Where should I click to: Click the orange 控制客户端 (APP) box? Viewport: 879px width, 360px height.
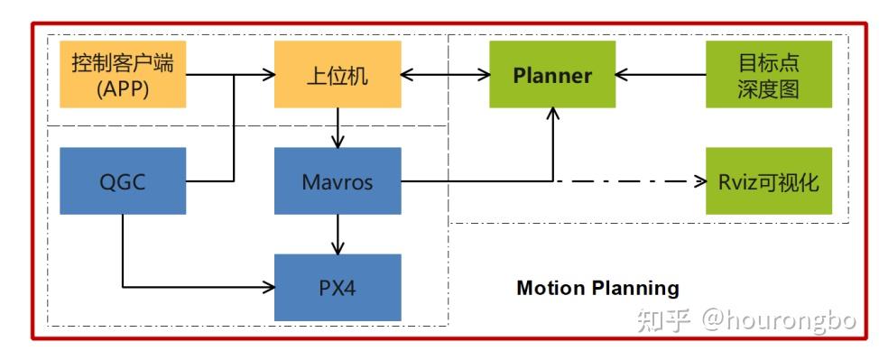[x=123, y=75]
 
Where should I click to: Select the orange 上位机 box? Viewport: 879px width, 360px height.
[x=337, y=75]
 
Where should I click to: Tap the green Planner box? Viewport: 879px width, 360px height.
[x=552, y=75]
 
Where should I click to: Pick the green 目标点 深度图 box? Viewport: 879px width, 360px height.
[x=768, y=75]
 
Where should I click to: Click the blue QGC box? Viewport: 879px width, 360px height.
[x=123, y=181]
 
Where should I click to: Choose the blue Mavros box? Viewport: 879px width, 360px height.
[x=337, y=181]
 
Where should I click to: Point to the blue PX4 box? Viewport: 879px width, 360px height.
[x=337, y=288]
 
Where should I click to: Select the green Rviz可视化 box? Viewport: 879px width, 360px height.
[x=768, y=181]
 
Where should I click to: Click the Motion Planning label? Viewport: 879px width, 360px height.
[x=597, y=289]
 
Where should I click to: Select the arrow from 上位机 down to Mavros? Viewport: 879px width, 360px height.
[x=337, y=128]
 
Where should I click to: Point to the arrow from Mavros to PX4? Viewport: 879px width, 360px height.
[x=337, y=235]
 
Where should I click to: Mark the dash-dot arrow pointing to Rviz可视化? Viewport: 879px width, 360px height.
[x=632, y=181]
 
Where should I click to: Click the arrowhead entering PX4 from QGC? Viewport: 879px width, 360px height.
[x=268, y=288]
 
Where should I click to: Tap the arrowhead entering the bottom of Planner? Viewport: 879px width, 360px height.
[x=552, y=115]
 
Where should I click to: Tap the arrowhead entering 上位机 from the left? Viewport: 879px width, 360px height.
[x=268, y=75]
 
